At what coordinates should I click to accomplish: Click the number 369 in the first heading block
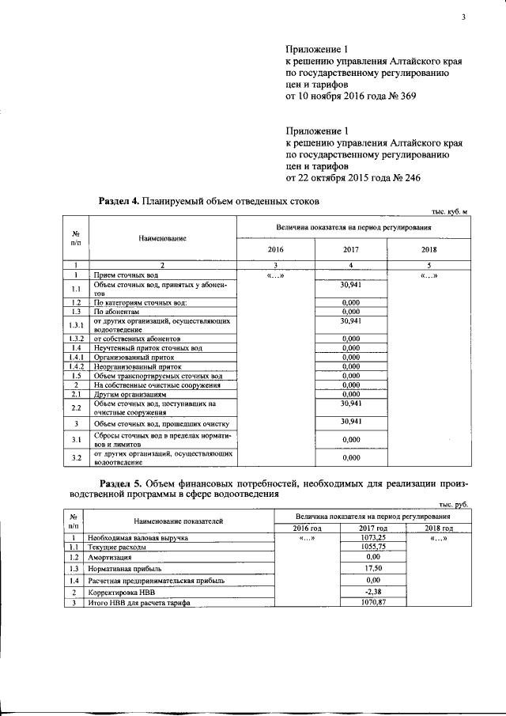403,96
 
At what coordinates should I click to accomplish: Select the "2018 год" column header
438,528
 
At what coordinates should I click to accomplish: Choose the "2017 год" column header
372,528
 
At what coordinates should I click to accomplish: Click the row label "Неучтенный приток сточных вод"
148,348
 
